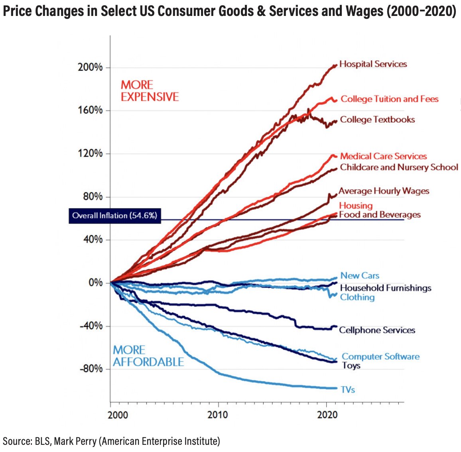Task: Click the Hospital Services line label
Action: coord(373,64)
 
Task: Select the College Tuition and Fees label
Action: coord(389,99)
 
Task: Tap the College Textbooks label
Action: coord(377,120)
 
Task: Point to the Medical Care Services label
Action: coord(383,156)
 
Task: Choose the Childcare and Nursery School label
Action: coord(399,167)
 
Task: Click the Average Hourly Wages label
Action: coord(384,191)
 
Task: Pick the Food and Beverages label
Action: coord(380,215)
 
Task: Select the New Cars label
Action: coord(360,275)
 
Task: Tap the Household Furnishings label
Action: coord(386,288)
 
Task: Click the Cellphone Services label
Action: coord(377,330)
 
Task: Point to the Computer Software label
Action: coord(380,357)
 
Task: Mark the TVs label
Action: coord(348,390)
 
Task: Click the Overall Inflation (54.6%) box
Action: coord(115,216)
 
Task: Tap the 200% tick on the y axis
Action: coord(90,67)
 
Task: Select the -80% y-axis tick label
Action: coord(91,369)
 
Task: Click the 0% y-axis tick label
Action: coord(95,283)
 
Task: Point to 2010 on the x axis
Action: coord(218,415)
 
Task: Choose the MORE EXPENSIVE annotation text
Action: coord(150,91)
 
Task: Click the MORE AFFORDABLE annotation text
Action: coord(148,356)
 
